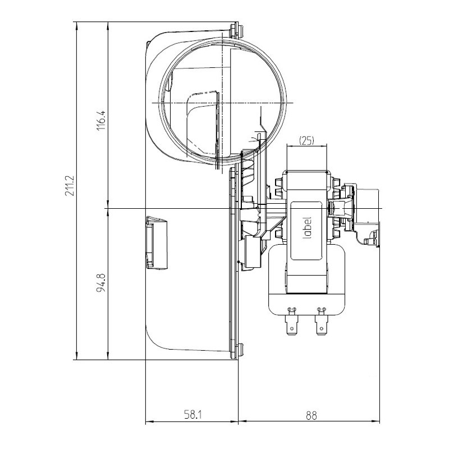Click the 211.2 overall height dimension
pos(70,186)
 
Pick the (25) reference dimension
pos(306,141)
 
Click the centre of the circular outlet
pos(223,103)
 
